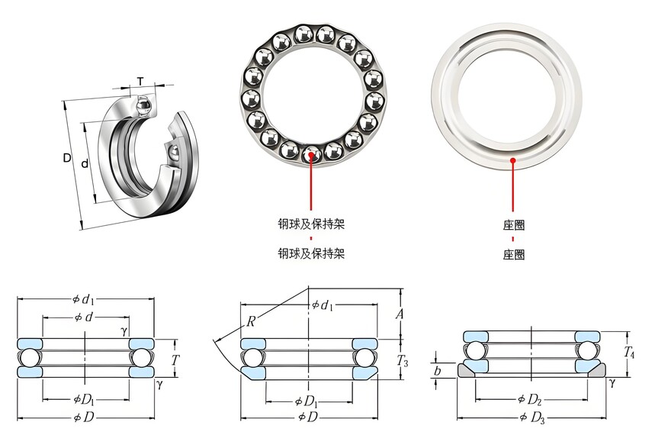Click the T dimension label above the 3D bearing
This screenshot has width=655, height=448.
pos(140,81)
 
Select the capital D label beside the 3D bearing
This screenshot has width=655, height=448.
pos(67,158)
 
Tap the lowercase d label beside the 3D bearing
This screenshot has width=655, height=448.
pos(85,163)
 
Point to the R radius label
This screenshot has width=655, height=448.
pos(251,321)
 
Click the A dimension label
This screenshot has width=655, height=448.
pos(400,314)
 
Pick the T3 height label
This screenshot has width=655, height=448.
pos(402,360)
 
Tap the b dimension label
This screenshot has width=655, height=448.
pos(438,371)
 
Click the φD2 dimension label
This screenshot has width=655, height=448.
pos(530,400)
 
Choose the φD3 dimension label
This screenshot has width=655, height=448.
pos(532,417)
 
